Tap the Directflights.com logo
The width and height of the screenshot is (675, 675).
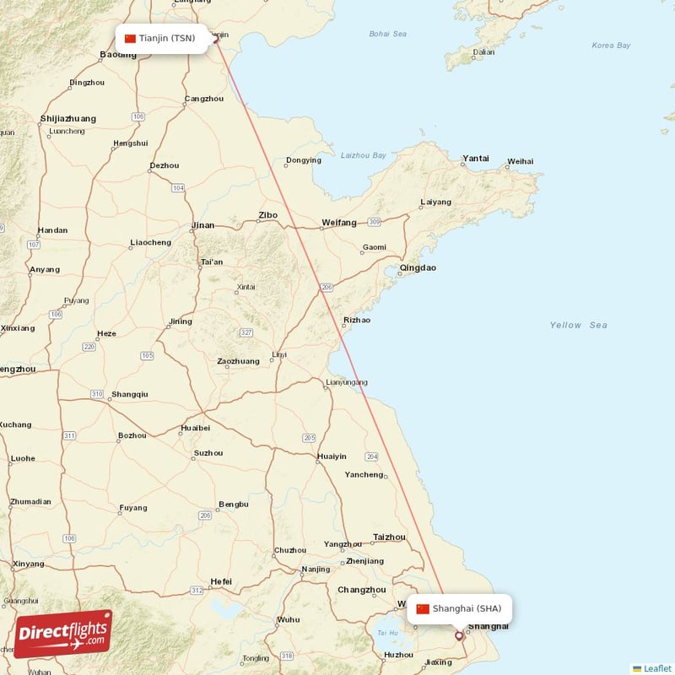63,633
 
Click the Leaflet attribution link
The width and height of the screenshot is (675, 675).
657,668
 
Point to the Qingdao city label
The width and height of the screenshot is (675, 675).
418,268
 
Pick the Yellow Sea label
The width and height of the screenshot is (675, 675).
578,325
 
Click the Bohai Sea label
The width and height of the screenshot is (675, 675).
387,34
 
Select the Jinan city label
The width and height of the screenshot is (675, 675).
203,225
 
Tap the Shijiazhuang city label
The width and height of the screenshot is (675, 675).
68,119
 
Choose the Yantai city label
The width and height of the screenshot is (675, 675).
476,158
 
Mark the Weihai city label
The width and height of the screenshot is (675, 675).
520,161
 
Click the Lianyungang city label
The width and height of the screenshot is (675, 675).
346,382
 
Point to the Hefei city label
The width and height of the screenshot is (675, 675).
221,581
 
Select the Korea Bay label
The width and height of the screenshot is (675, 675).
611,46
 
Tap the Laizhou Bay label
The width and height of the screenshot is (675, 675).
364,155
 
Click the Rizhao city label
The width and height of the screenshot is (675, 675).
356,320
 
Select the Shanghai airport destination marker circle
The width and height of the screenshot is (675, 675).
459,636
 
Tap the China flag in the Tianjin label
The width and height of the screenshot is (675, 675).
130,38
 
